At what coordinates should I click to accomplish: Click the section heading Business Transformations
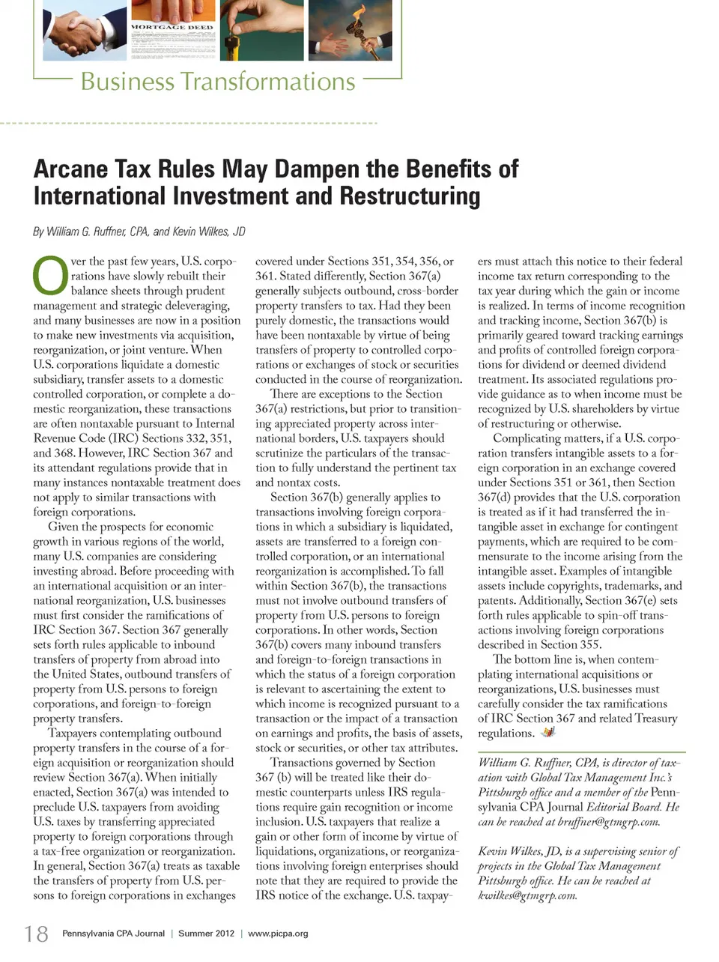(x=217, y=81)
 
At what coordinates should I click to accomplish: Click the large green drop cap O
(x=49, y=276)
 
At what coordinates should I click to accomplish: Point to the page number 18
(x=36, y=934)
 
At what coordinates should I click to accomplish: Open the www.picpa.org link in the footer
(x=278, y=934)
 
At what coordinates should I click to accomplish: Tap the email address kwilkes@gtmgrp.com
(x=527, y=895)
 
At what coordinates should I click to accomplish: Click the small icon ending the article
(x=548, y=732)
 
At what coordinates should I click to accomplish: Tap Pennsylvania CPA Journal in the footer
(x=113, y=934)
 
